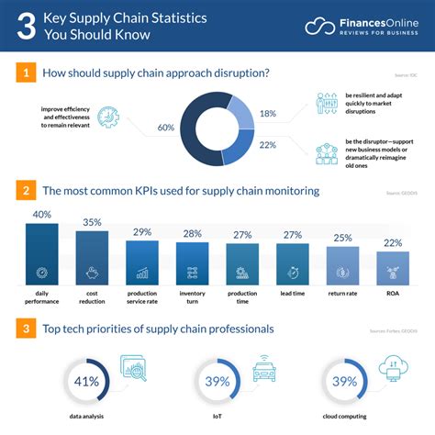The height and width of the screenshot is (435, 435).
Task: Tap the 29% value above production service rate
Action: (142, 231)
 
